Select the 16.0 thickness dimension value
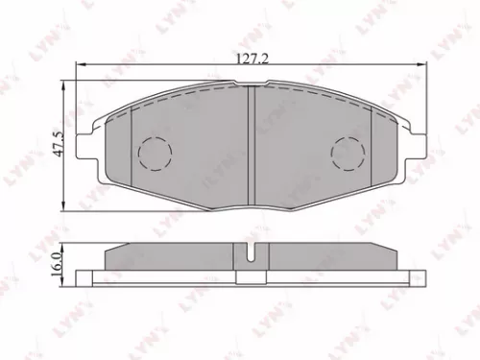coord(60,261)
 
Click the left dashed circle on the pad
coord(154,152)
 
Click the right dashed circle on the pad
coord(346,152)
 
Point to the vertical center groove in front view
coord(250,144)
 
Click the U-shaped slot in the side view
coord(250,257)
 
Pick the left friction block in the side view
coord(173,257)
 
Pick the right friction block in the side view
coord(326,257)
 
